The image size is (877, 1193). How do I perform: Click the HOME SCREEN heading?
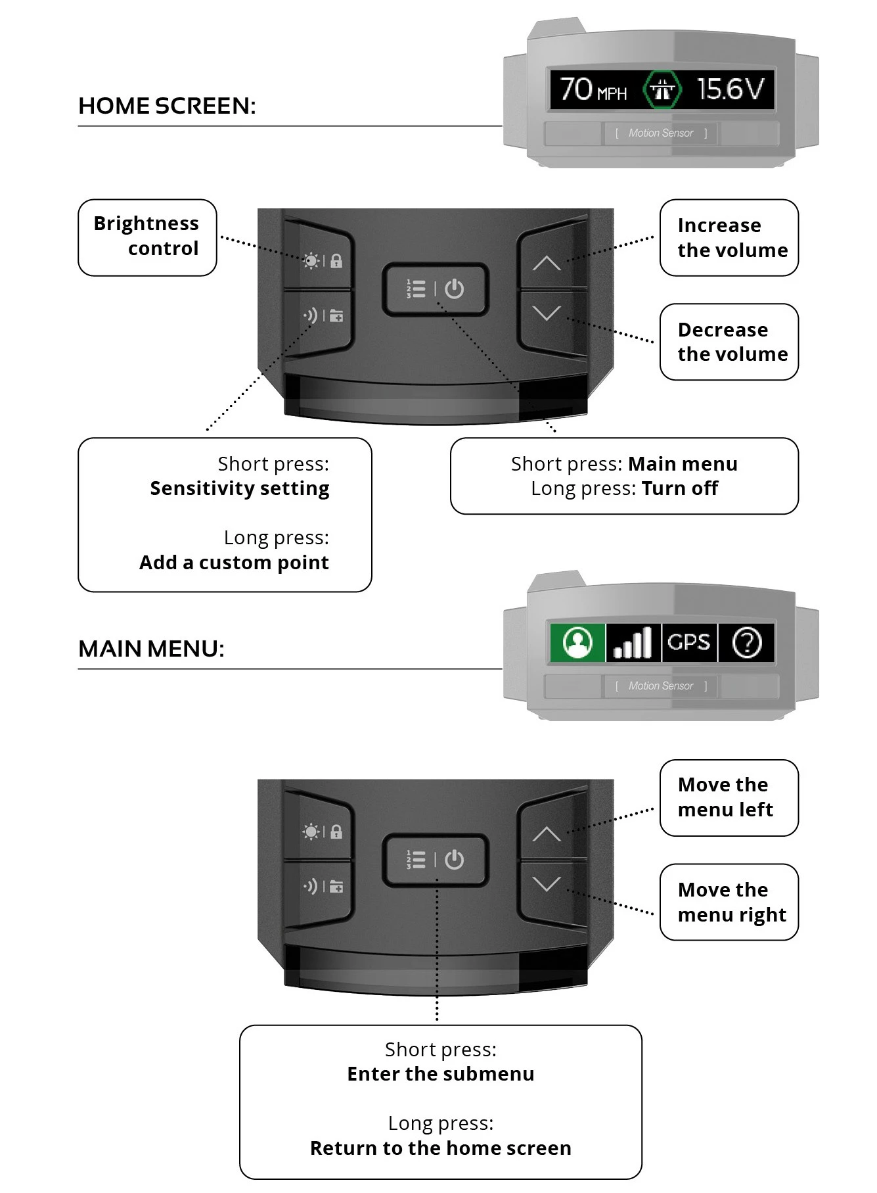[x=167, y=106]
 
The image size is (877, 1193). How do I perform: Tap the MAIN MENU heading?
[x=151, y=649]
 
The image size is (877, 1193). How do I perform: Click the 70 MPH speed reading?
[x=593, y=89]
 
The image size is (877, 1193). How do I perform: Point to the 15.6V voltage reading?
[x=731, y=89]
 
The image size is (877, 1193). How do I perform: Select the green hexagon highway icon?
[x=662, y=89]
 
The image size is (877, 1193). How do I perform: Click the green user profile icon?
[x=577, y=642]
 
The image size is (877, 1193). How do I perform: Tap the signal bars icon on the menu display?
[x=633, y=642]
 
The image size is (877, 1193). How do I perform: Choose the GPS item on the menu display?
[x=689, y=642]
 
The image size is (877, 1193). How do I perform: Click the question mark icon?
[x=746, y=642]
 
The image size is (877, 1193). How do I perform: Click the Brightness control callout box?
[x=146, y=237]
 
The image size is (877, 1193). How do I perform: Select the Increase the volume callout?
[x=729, y=237]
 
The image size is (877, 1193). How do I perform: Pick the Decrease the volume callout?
[x=729, y=342]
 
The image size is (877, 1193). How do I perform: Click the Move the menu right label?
[x=729, y=902]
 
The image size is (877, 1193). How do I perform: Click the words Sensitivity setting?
[x=240, y=488]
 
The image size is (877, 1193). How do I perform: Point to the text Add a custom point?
[x=234, y=563]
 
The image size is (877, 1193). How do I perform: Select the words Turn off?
[x=679, y=488]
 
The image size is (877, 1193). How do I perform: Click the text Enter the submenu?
[x=440, y=1074]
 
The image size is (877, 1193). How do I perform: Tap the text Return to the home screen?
[x=440, y=1148]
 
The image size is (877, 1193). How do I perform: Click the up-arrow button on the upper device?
[x=547, y=263]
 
